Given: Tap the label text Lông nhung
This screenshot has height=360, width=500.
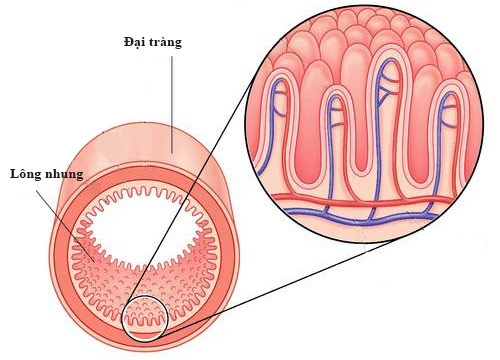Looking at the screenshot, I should coord(45,173).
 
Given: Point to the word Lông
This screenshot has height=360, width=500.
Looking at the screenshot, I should coord(23,173).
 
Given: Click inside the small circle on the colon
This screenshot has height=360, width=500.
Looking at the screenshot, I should coord(143,318).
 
